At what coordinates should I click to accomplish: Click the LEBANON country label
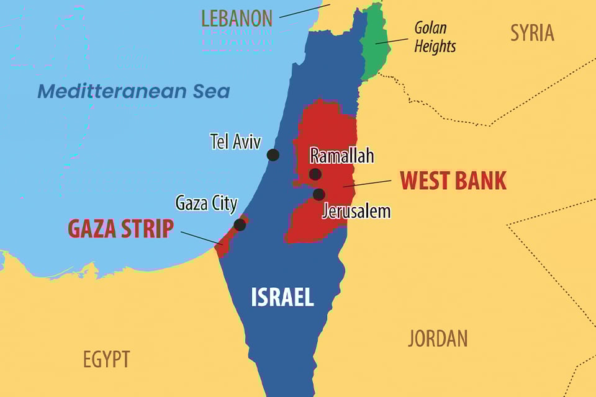237,18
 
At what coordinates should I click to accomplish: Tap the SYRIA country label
532,33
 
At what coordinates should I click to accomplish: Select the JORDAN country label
438,338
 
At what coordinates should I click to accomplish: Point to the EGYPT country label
107,359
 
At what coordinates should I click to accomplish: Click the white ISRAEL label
282,298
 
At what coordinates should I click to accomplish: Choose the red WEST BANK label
453,181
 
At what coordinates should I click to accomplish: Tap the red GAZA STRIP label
120,229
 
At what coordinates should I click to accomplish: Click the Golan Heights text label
435,37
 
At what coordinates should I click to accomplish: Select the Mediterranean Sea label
133,91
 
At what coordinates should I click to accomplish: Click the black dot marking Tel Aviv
273,155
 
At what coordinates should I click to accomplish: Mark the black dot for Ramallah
315,174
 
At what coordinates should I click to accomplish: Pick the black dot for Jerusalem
318,194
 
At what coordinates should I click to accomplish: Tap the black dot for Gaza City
240,225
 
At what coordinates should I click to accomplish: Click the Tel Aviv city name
235,141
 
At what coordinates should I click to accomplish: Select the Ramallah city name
342,155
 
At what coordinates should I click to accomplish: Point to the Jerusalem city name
356,211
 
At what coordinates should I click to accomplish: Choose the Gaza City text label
206,203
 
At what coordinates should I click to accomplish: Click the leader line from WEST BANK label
368,183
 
